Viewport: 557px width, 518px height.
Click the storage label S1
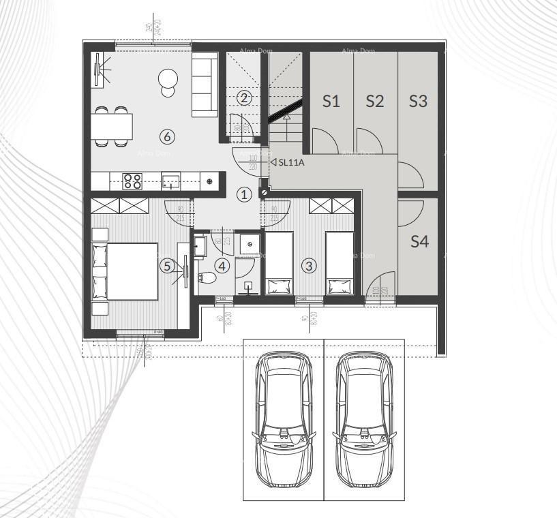331,102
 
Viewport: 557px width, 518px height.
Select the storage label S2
374,102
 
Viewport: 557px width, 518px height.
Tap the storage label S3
418,102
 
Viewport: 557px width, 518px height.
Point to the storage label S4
419,241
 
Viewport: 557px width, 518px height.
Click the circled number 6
167,136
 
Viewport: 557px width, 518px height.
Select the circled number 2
244,97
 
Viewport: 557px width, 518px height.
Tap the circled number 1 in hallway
244,194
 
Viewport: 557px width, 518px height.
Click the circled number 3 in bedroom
310,266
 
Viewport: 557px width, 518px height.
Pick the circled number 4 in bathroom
222,266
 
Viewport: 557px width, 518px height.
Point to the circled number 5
167,266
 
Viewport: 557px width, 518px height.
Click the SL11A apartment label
290,162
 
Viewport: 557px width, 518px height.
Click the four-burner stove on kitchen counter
132,181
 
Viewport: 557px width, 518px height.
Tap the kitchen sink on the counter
170,181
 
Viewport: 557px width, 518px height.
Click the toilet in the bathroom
207,278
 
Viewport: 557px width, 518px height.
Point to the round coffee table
168,80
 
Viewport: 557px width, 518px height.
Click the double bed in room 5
130,271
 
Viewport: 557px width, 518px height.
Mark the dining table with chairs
112,127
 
